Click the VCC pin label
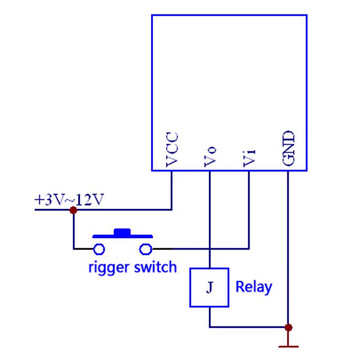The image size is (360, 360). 171,150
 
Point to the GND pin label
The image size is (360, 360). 288,149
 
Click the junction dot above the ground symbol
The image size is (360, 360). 288,327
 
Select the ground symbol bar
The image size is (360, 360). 288,346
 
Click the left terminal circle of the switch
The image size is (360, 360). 99,248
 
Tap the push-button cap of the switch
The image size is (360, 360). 122,232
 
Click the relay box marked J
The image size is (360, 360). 209,288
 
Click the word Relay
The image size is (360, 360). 254,287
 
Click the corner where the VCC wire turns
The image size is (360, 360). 171,209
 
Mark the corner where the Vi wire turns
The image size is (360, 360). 249,248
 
